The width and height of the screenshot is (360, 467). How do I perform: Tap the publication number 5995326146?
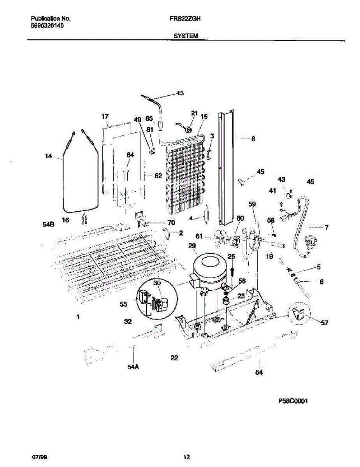tap(47, 26)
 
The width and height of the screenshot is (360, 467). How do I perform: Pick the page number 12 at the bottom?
tap(186, 456)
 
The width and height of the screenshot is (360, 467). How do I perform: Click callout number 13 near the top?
tap(180, 93)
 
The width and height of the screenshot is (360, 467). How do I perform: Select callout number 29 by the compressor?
tap(192, 246)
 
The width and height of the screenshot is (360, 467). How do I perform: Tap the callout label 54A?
tap(133, 366)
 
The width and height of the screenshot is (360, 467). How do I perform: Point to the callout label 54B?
tap(48, 225)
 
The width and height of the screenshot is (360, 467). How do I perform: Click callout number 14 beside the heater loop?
tap(48, 156)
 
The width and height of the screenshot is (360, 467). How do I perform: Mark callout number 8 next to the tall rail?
tap(253, 138)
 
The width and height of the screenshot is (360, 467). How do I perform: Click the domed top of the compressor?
tap(210, 262)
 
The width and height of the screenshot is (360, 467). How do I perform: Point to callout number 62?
tap(158, 176)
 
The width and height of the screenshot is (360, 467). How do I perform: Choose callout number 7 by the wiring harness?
tap(326, 227)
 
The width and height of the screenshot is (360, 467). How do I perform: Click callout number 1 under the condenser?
tap(78, 317)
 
